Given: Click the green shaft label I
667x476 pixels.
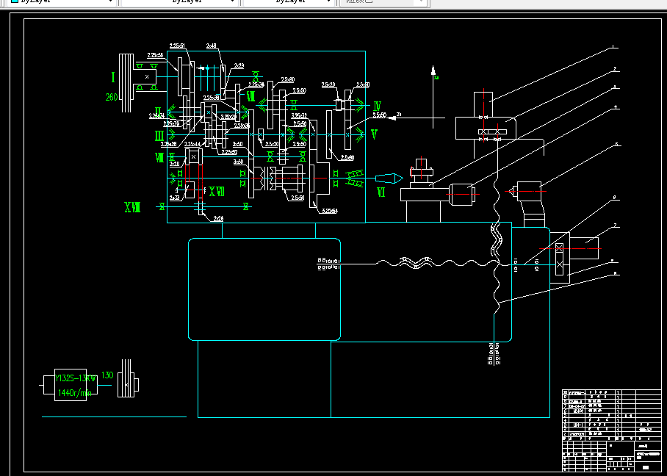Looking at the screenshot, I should [x=113, y=77].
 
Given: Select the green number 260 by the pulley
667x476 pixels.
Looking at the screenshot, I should [x=112, y=98].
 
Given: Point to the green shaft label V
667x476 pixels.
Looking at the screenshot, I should [x=374, y=134].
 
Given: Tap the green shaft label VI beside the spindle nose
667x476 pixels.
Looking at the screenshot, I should [x=381, y=192].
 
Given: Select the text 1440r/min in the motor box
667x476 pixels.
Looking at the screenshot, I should [x=74, y=393].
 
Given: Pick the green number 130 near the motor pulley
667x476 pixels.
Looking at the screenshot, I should [x=107, y=375].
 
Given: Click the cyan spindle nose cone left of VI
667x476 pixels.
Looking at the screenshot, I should [x=387, y=177].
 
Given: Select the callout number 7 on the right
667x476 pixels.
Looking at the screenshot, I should [x=616, y=225].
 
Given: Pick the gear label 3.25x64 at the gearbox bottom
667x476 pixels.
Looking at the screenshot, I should [x=330, y=212].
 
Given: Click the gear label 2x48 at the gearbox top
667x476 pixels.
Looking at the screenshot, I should [x=212, y=46].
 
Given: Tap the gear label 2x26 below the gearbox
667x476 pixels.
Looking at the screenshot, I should [x=218, y=219].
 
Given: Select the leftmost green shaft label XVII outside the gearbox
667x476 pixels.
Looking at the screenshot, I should [x=131, y=208].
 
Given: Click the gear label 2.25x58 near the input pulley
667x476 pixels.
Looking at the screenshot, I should [x=155, y=55].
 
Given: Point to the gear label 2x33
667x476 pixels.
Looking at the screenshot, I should [x=175, y=198].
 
